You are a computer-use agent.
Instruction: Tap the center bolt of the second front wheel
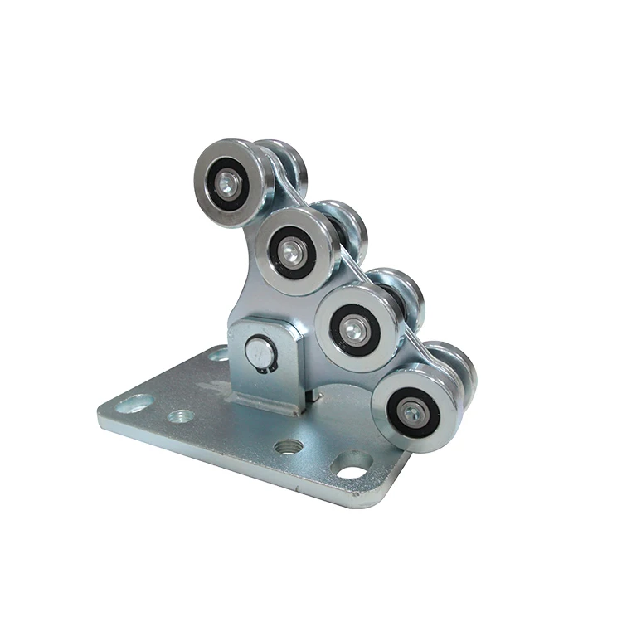pos(291,250)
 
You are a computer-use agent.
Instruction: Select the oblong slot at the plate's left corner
pos(134,406)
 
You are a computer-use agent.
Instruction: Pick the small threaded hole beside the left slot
pos(181,416)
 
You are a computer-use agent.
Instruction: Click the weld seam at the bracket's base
pos(265,405)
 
